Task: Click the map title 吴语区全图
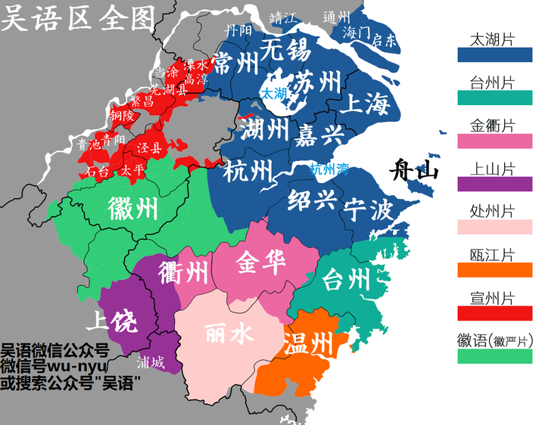(x=77, y=17)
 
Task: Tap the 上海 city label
(x=365, y=103)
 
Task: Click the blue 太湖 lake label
(x=273, y=94)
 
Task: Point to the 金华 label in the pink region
(x=260, y=263)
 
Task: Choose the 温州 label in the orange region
(x=307, y=344)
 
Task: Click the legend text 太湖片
(x=493, y=39)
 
